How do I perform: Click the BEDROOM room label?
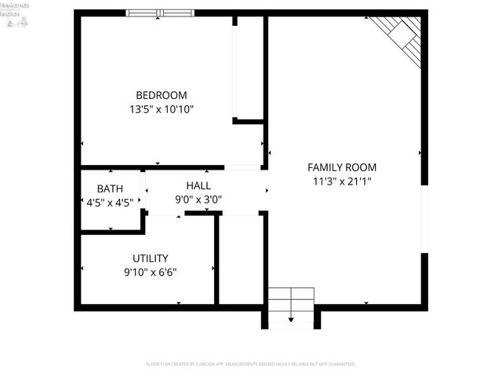(162, 95)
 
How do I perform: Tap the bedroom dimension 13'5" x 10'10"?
(162, 109)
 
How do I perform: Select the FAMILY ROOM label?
(341, 167)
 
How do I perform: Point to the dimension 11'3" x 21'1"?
(341, 181)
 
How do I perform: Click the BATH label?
(110, 188)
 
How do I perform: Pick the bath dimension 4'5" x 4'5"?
(110, 202)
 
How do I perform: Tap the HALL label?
(198, 185)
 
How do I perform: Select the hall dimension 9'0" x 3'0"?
(198, 199)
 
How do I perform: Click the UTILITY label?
(150, 258)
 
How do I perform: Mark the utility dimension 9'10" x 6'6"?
(150, 273)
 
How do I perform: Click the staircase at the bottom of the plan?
(291, 306)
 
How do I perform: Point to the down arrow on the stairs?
(291, 318)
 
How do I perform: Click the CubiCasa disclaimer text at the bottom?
(251, 364)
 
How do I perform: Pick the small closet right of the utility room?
(240, 259)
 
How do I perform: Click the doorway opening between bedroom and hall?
(242, 167)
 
